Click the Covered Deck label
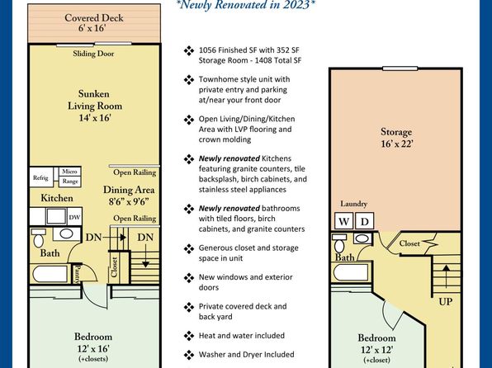click(x=94, y=22)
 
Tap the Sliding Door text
click(x=93, y=54)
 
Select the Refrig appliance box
click(x=41, y=177)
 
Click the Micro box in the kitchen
click(x=69, y=172)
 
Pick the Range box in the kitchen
click(x=70, y=182)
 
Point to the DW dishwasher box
click(x=74, y=217)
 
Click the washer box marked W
click(x=344, y=221)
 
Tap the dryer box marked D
click(x=364, y=221)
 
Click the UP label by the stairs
click(x=445, y=302)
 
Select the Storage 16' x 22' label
click(x=396, y=138)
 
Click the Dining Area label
click(x=129, y=195)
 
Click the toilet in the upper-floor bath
click(x=39, y=238)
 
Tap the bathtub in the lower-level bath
click(x=351, y=272)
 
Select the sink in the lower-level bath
click(x=362, y=238)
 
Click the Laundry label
click(x=353, y=204)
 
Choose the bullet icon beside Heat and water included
click(x=189, y=336)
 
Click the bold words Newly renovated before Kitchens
click(x=229, y=158)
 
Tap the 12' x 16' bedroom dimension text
click(x=93, y=348)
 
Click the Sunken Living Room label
click(x=95, y=106)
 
